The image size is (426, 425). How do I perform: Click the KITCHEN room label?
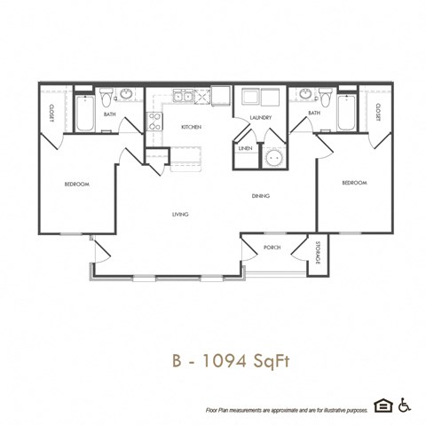(x=191, y=127)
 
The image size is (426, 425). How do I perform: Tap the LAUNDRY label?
(x=260, y=117)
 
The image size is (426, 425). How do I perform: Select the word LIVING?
(x=180, y=214)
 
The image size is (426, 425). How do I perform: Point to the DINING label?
(x=260, y=195)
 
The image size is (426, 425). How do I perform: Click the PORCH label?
(x=272, y=248)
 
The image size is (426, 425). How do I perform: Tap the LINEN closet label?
(x=245, y=148)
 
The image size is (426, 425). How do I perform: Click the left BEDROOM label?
(x=77, y=184)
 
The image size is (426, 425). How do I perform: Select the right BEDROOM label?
(x=354, y=183)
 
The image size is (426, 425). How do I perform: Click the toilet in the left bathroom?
(x=105, y=96)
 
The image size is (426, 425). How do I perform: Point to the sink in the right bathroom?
(x=306, y=94)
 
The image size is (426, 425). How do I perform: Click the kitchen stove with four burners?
(x=154, y=122)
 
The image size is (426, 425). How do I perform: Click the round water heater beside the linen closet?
(x=274, y=158)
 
